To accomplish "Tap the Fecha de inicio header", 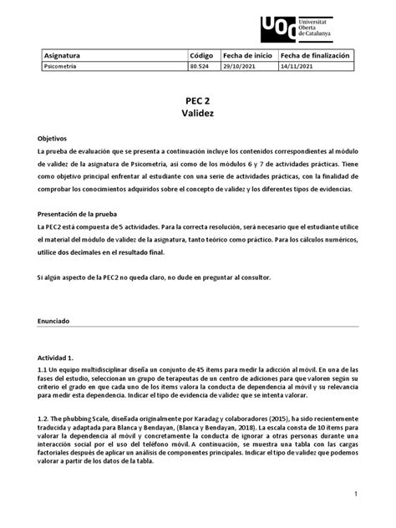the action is (247, 55).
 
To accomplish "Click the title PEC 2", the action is (198, 97).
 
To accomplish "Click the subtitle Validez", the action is (198, 112).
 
